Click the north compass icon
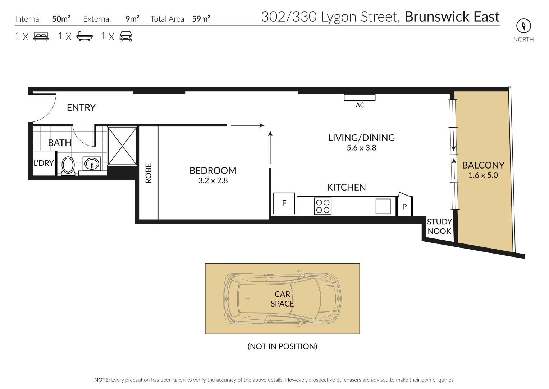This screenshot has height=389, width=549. (523, 26)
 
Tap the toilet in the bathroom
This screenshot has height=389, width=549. (68, 166)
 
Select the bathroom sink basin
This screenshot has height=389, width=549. (92, 163)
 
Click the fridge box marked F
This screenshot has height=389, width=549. (284, 204)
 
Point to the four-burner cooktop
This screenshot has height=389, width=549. (323, 206)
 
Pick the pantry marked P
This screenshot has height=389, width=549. (404, 205)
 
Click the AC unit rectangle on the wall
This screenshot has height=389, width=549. (360, 98)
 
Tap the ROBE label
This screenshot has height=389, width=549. (148, 173)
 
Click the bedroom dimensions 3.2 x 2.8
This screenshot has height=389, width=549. (213, 180)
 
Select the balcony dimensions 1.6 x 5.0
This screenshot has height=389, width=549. (483, 175)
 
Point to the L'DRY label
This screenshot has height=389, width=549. (44, 163)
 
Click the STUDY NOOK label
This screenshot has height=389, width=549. (439, 226)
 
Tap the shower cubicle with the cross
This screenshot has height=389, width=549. (122, 146)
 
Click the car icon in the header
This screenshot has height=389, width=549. (126, 36)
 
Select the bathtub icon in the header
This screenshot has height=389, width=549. (84, 36)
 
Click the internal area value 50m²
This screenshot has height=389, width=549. (61, 18)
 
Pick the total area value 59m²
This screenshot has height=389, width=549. (201, 18)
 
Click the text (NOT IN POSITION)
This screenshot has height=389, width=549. (282, 346)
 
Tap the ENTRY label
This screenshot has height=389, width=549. (81, 108)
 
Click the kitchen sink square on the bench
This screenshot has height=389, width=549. (383, 206)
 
